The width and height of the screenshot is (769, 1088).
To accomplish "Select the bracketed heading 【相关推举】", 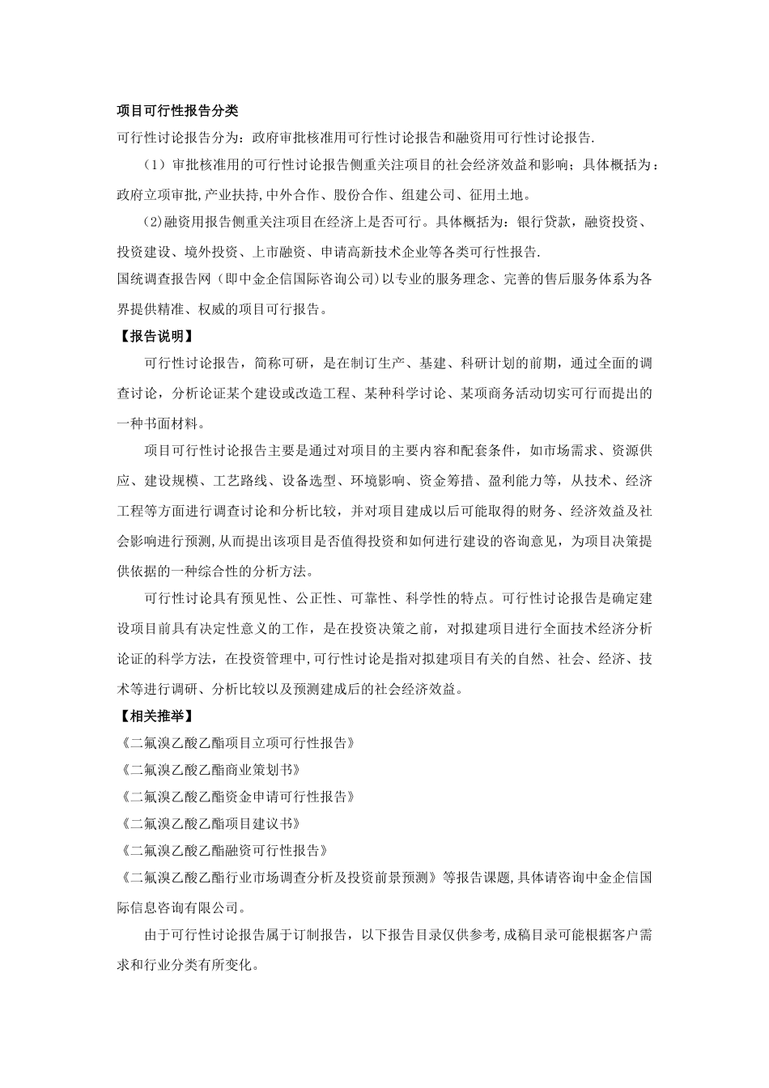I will click(156, 716).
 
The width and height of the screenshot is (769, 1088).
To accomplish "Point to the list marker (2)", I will click(152, 222).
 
